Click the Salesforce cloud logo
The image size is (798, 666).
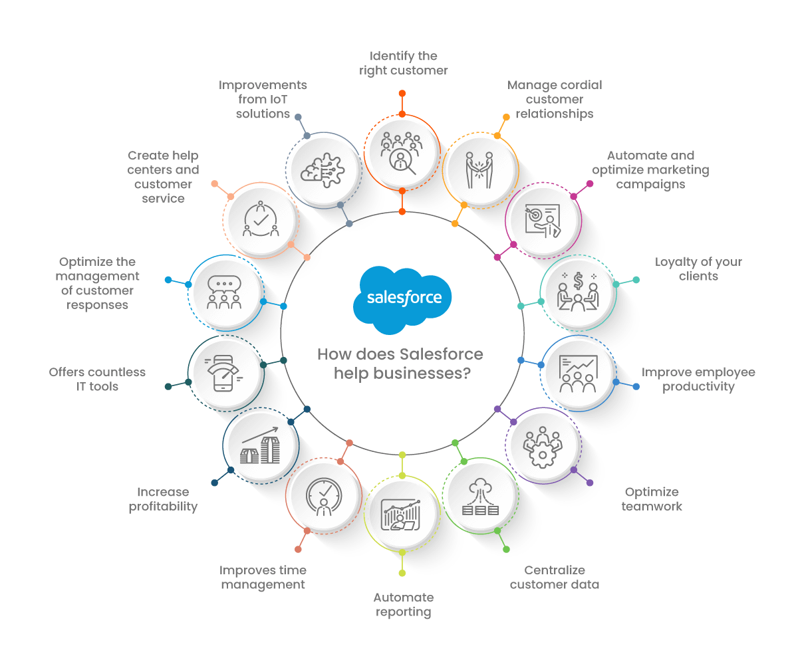402,298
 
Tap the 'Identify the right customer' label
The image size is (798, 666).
404,63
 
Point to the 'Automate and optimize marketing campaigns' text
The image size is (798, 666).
650,170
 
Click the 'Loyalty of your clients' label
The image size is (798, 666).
698,269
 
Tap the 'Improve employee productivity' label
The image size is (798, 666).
698,379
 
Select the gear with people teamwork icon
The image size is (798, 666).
543,444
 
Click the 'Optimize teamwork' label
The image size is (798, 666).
652,499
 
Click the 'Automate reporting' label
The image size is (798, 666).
403,605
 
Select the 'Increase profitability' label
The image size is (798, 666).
163,499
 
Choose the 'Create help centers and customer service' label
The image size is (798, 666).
163,177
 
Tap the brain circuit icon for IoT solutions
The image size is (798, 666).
323,168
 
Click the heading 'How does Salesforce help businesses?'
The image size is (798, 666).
400,364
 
